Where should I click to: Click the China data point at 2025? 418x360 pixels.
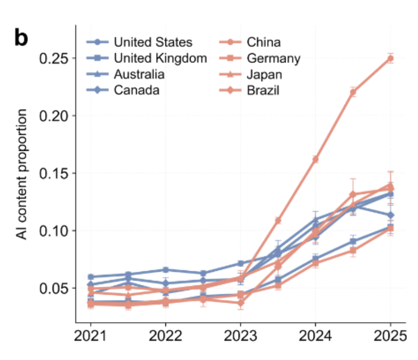390,58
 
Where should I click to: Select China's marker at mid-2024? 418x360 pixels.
352,92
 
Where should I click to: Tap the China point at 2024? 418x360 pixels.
315,159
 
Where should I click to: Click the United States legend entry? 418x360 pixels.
153,42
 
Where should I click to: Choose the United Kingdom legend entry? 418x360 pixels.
160,58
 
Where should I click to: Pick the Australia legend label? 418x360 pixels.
139,74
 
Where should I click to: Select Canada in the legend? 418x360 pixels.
136,91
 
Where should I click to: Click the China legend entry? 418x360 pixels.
263,42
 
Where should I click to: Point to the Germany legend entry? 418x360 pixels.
274,58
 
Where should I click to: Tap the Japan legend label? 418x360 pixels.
264,74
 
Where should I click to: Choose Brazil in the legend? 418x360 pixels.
263,91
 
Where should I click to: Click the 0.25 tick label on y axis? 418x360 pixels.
54,58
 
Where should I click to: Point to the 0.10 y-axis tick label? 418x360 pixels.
54,231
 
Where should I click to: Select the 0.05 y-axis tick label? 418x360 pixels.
54,288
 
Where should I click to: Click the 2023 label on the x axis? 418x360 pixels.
240,337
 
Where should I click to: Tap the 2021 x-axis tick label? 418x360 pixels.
91,337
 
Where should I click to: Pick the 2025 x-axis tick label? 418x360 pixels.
390,337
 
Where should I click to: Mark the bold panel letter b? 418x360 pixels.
22,38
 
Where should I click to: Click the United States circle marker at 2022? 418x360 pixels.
165,270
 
